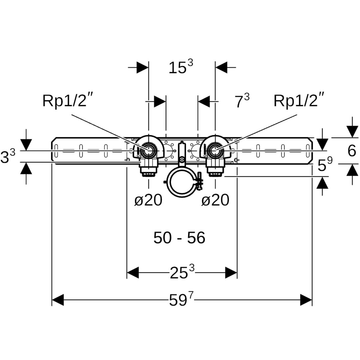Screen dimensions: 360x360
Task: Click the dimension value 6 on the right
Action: click(352, 151)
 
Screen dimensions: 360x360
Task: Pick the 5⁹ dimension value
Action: click(325, 165)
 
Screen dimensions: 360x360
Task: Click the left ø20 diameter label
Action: click(148, 200)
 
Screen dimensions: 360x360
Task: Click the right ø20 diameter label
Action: click(216, 200)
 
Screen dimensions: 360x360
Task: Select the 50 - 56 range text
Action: click(179, 238)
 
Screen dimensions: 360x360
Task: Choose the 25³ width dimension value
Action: click(182, 273)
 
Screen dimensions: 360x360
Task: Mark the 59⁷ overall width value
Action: click(181, 300)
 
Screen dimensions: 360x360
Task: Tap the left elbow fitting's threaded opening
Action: click(148, 151)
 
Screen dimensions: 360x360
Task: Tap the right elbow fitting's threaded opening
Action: click(216, 151)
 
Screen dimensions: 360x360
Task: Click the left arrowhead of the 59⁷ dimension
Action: click(58, 300)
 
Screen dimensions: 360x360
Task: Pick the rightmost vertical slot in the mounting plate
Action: click(307, 151)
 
